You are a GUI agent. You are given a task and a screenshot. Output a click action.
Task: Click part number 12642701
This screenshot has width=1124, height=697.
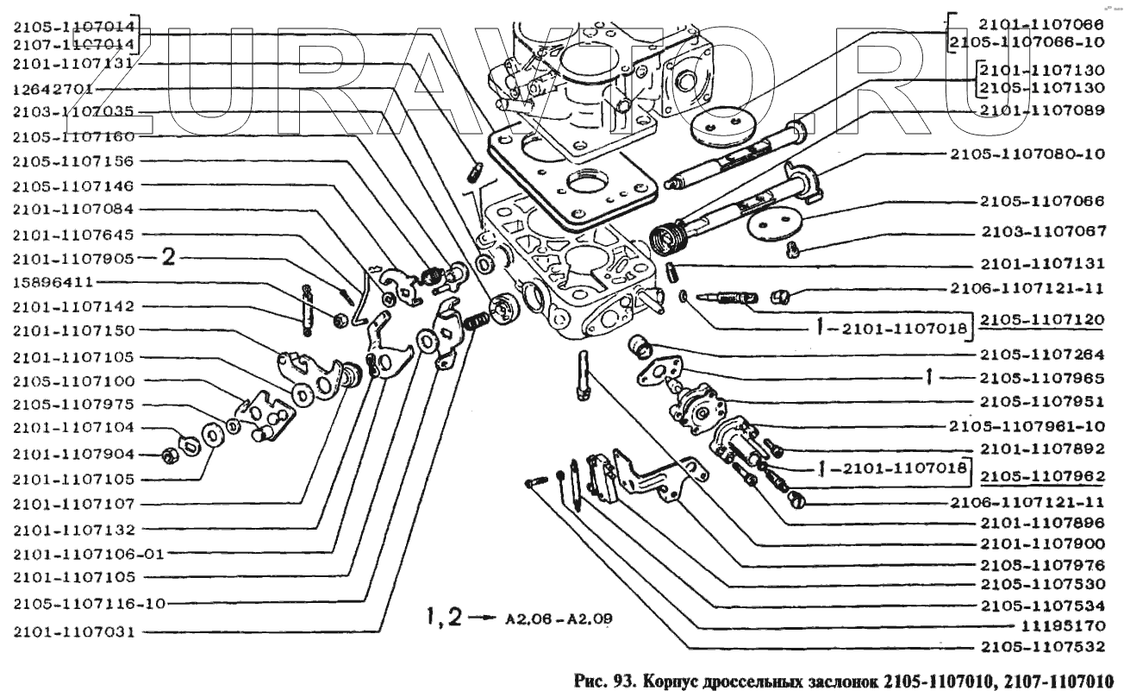click(x=53, y=89)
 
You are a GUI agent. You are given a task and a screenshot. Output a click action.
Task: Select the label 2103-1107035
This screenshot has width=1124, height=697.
click(x=73, y=113)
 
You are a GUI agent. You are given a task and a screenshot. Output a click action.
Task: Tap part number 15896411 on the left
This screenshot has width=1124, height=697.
click(x=53, y=282)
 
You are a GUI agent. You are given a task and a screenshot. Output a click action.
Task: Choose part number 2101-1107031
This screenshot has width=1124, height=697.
click(x=73, y=631)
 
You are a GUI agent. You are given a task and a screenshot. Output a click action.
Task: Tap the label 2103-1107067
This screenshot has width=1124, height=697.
click(x=1045, y=232)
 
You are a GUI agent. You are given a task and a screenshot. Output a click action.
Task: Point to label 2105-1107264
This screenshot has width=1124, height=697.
click(x=1045, y=354)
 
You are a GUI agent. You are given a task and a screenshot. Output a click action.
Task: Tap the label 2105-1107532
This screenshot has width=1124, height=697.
click(x=1045, y=646)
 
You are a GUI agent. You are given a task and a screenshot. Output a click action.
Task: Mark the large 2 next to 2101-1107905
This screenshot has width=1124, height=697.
click(x=170, y=256)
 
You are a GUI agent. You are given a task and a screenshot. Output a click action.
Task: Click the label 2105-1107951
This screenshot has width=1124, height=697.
click(x=1045, y=401)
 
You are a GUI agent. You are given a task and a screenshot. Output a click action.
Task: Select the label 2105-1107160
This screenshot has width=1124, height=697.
click(x=73, y=136)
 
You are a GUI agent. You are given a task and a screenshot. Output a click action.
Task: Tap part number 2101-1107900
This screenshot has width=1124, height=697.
click(x=1045, y=543)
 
